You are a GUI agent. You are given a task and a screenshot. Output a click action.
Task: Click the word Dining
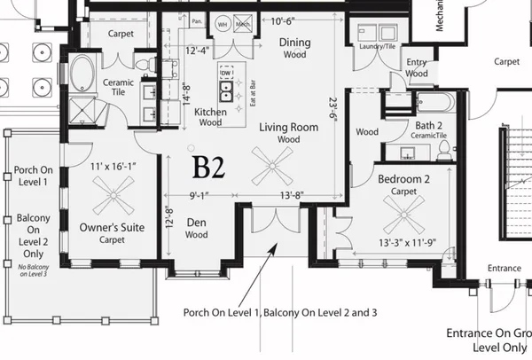coord(294,42)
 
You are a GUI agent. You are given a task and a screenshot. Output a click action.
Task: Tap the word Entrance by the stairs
coord(505,268)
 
